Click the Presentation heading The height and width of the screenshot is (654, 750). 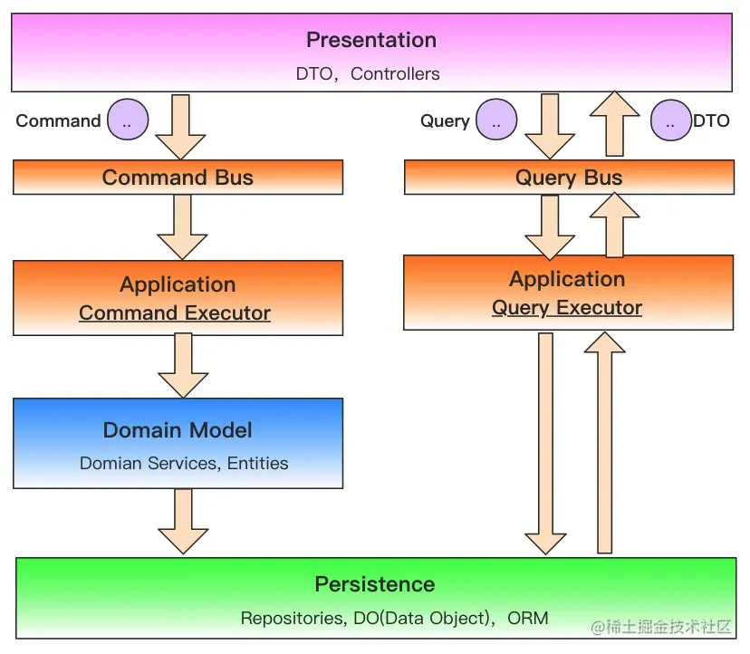[371, 40]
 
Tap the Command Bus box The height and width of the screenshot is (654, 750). [178, 177]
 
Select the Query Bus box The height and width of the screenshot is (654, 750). [569, 177]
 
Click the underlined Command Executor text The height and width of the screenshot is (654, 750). [175, 313]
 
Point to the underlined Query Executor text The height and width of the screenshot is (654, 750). [567, 308]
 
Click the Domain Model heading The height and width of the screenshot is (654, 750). [178, 430]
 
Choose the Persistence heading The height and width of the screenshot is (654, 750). [375, 584]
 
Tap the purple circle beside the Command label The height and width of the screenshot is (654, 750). [128, 120]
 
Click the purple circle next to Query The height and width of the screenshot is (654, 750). [496, 120]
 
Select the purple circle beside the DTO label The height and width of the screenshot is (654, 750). [671, 120]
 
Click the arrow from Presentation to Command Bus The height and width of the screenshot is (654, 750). [180, 127]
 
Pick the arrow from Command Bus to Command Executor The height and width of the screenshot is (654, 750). [182, 227]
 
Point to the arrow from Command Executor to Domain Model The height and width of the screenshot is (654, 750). [183, 366]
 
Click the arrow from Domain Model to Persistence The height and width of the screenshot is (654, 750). [183, 522]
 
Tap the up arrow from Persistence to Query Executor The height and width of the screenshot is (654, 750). [604, 443]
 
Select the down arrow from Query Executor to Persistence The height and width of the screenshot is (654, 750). [546, 444]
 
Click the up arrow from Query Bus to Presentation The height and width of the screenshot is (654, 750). [615, 123]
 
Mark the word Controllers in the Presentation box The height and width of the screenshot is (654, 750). [395, 73]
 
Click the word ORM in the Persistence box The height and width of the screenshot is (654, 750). [527, 618]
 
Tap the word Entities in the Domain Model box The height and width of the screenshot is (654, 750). [258, 463]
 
